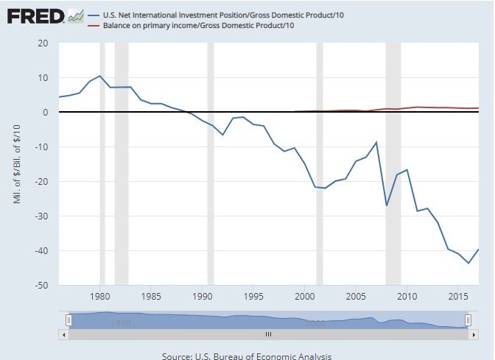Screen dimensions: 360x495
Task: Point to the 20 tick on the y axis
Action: [43, 43]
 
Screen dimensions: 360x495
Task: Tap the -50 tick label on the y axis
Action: [41, 285]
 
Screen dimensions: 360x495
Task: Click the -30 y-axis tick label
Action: [41, 216]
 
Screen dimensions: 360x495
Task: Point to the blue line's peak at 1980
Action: [100, 76]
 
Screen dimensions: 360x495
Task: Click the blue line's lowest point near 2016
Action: [468, 263]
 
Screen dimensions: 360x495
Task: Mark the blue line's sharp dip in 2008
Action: [387, 205]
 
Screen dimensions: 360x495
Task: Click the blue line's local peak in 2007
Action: [376, 142]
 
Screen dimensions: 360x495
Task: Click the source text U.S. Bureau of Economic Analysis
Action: [247, 354]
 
